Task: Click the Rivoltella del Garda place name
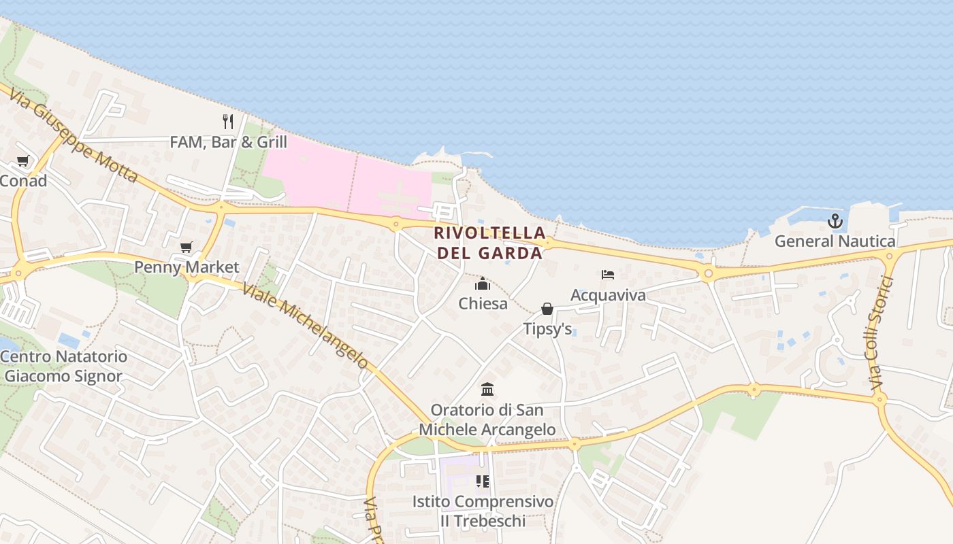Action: tap(490, 243)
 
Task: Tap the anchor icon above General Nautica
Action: tap(835, 221)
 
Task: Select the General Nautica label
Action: tap(835, 241)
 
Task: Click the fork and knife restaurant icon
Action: tap(228, 122)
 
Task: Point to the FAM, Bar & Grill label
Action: tap(228, 142)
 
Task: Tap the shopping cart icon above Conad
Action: tap(23, 161)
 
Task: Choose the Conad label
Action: tap(23, 181)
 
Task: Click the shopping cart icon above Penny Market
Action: tap(187, 247)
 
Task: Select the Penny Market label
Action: tap(187, 267)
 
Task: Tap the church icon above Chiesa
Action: tap(483, 284)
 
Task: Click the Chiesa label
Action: tap(483, 303)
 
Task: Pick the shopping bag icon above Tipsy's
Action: tap(547, 309)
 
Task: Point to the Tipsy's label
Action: tap(547, 329)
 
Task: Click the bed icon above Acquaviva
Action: tap(608, 275)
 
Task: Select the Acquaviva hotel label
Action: tap(608, 295)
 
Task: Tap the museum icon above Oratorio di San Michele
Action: tap(487, 390)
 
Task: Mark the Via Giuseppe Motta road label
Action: tap(74, 133)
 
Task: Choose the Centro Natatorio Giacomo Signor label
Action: tap(63, 367)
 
